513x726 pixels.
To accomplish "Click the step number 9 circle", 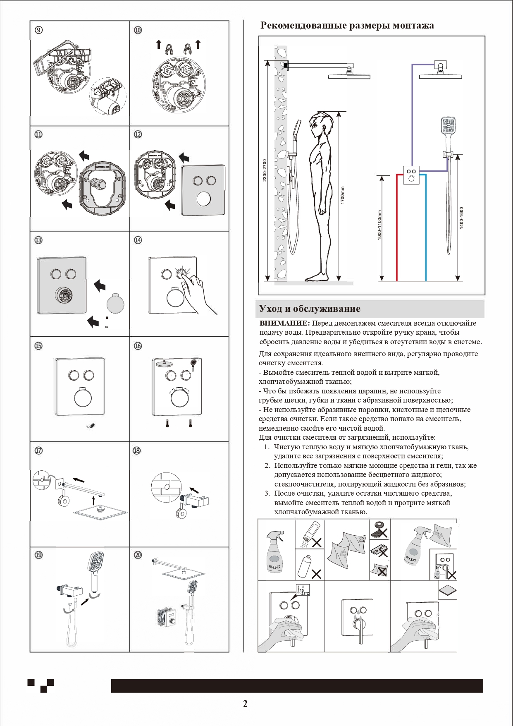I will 38,30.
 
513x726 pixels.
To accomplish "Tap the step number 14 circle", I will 138,240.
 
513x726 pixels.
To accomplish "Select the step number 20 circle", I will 138,555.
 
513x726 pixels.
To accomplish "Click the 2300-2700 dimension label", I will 265,170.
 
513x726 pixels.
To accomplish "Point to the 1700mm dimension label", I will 342,195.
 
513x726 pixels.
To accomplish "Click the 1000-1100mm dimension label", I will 379,225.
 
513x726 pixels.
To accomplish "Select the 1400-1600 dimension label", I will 461,218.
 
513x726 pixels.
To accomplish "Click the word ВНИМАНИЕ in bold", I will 284,323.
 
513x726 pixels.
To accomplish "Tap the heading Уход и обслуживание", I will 310,309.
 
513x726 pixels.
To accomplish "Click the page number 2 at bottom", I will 245,704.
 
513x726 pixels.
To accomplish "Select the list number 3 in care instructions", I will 267,493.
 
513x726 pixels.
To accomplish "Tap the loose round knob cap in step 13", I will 115,303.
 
